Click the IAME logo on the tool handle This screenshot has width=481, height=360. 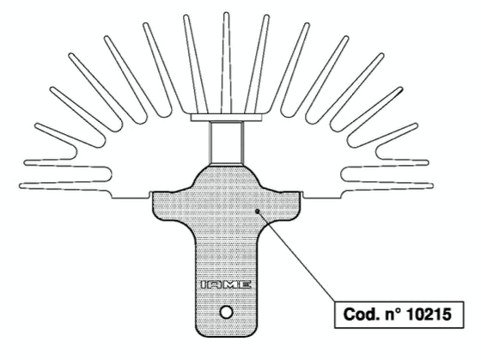226,284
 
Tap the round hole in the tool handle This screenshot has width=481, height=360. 227,313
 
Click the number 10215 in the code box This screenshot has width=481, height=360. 429,314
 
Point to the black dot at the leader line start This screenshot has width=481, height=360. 258,211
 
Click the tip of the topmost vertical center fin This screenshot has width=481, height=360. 227,13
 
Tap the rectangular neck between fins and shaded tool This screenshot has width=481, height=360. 227,143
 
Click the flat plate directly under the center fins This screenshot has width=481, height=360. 227,118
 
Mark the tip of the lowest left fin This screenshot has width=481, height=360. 21,186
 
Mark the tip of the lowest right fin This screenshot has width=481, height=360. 431,186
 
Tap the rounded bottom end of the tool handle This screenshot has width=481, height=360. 227,333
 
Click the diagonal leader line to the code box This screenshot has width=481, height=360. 296,256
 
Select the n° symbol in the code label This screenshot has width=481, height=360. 393,314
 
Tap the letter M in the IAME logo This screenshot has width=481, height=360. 231,284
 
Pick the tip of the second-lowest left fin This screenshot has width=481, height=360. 26,162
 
